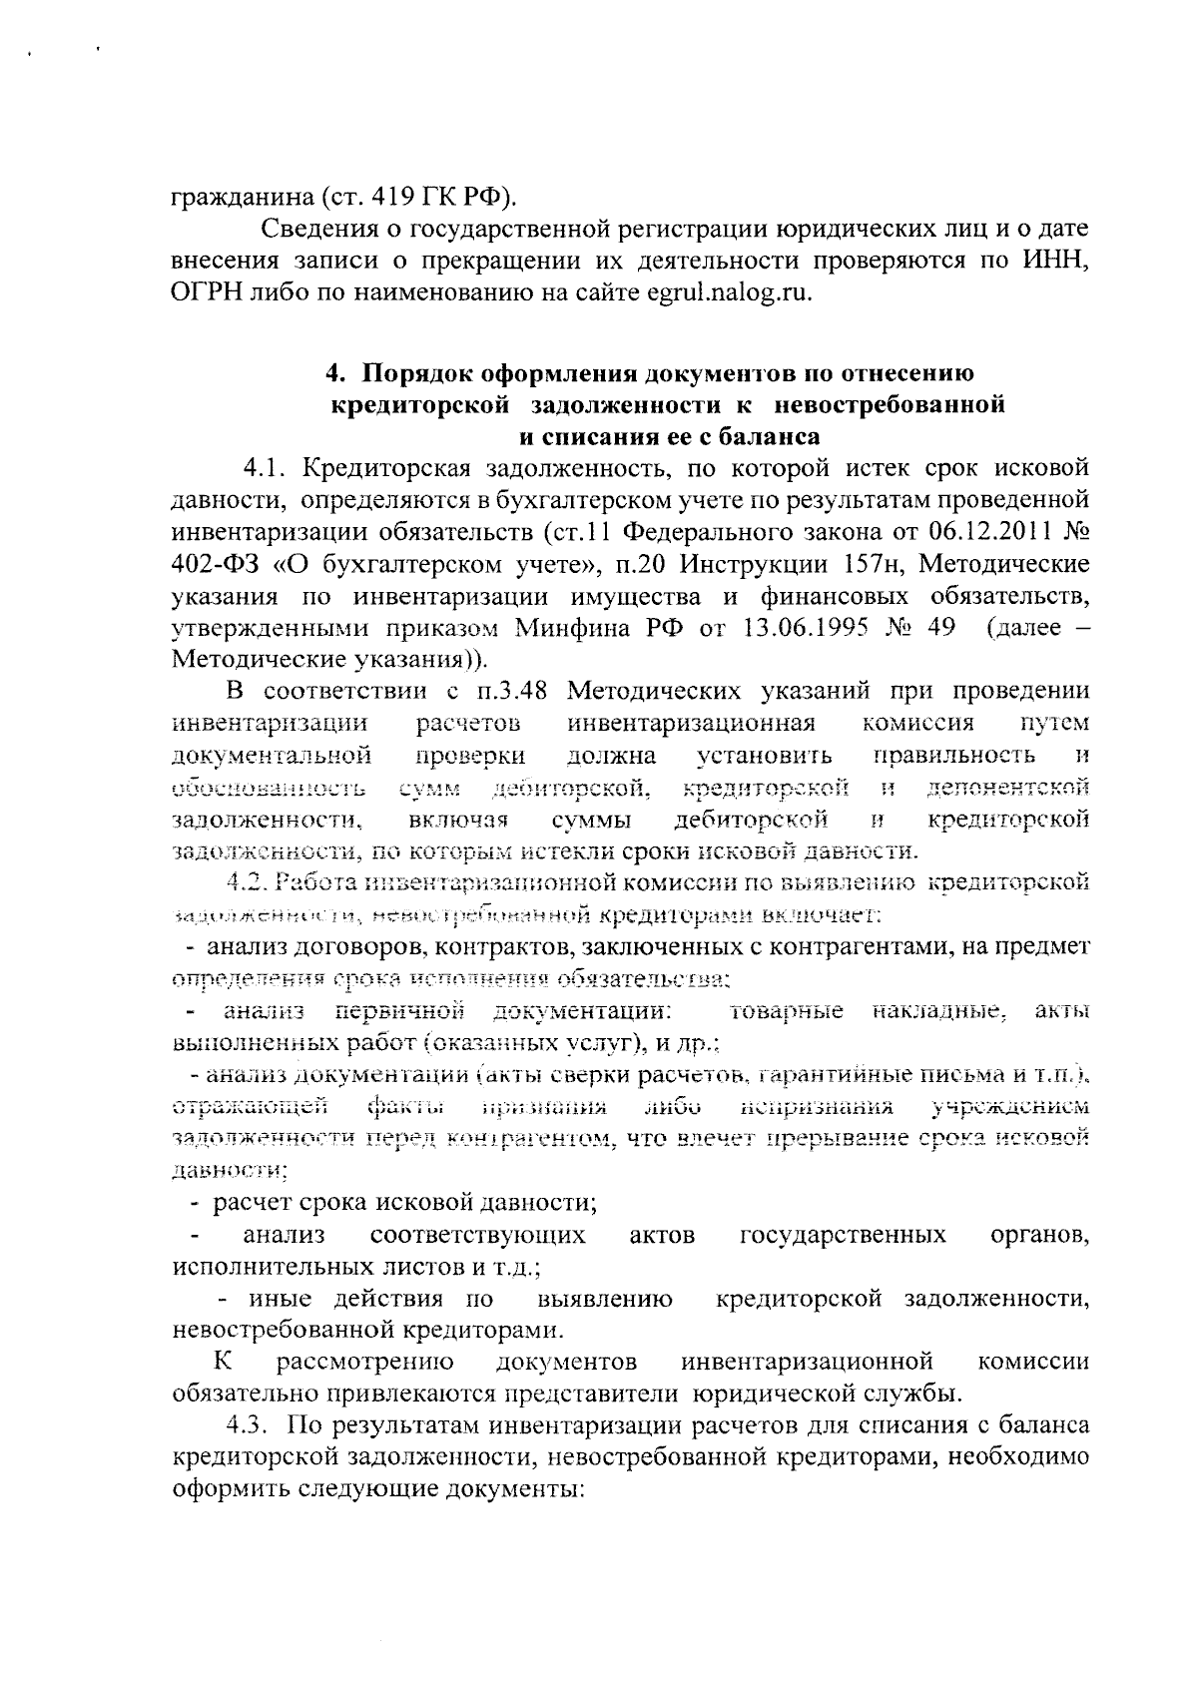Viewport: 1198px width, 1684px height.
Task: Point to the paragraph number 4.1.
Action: (267, 468)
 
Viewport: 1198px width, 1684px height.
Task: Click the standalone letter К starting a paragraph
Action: (222, 1361)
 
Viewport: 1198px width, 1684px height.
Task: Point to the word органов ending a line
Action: (1038, 1236)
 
